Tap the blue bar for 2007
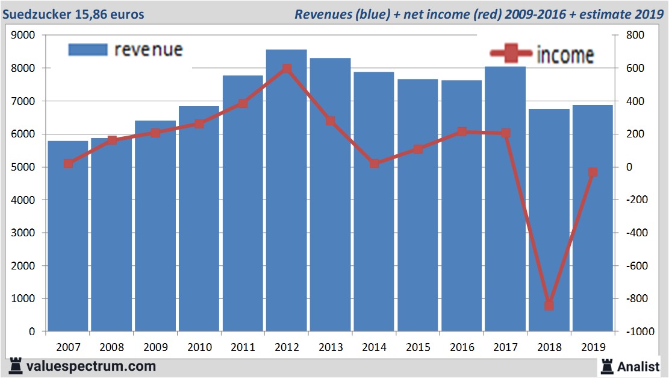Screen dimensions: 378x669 pyautogui.click(x=68, y=241)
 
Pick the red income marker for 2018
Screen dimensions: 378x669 pyautogui.click(x=549, y=306)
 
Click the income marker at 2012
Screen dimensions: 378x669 pyautogui.click(x=287, y=69)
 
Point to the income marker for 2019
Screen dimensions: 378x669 pyautogui.click(x=593, y=172)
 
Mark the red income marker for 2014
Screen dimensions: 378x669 pyautogui.click(x=374, y=163)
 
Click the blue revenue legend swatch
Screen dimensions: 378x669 pyautogui.click(x=87, y=49)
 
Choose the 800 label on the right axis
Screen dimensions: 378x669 pyautogui.click(x=635, y=36)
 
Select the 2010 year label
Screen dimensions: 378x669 pyautogui.click(x=199, y=347)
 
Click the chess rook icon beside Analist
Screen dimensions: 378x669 pyautogui.click(x=606, y=366)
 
